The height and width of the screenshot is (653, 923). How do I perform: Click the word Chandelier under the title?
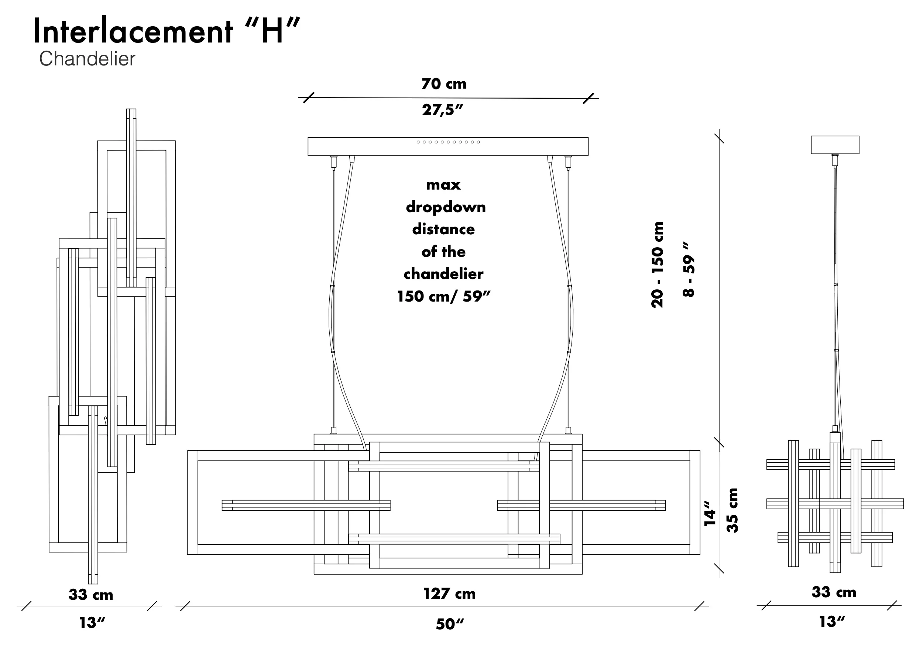87,59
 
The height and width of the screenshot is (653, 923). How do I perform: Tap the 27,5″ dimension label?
443,110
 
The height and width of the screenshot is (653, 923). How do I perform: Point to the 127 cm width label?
449,594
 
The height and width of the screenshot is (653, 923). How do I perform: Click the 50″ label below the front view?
449,625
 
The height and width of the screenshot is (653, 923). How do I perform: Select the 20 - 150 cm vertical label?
657,265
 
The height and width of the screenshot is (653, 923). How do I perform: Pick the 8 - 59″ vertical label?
689,269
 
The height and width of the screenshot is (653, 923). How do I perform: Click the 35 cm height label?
732,510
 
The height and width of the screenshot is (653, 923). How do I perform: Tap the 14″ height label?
710,513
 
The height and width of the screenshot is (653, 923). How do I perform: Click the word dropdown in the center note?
445,207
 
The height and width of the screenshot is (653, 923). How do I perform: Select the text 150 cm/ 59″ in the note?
443,296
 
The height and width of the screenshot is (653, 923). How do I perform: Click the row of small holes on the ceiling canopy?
448,142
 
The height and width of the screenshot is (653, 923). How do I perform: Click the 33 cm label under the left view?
91,595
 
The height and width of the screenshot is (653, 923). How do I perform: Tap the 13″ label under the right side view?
832,622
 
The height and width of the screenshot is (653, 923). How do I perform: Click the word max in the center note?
443,185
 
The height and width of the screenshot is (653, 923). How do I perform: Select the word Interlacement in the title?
133,32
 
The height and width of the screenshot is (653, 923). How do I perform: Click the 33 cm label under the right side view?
834,592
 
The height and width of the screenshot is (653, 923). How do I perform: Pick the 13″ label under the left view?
92,623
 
